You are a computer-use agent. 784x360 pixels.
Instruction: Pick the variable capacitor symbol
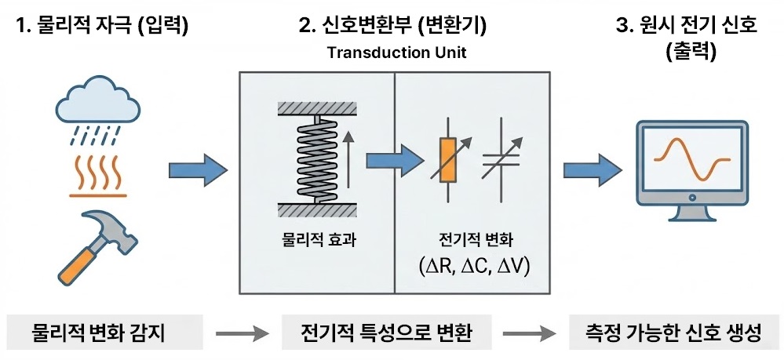pyautogui.click(x=501, y=162)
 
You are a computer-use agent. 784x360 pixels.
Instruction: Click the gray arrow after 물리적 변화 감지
pyautogui.click(x=239, y=333)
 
